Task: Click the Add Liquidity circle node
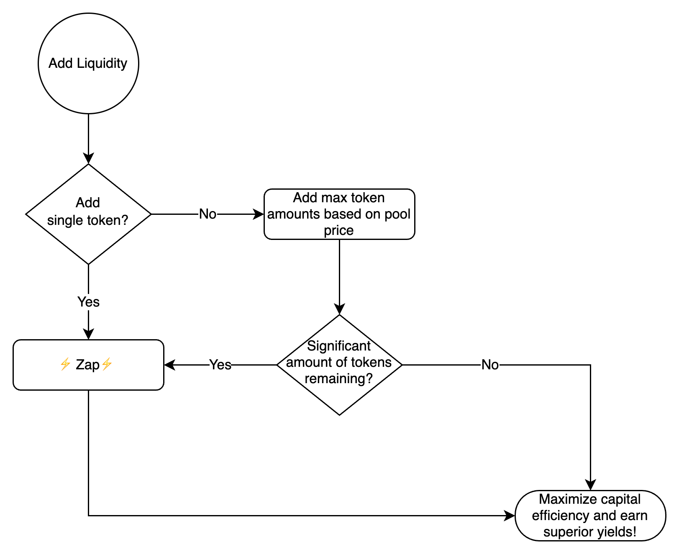88,63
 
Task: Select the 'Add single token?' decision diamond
88,214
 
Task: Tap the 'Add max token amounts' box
339,214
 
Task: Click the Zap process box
88,365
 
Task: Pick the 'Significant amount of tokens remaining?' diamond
339,365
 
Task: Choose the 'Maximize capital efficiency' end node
590,515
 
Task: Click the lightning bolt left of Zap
65,364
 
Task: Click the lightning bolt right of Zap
107,364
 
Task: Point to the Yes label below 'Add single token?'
88,302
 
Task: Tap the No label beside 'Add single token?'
208,214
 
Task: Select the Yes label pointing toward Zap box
220,365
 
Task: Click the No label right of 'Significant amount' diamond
490,365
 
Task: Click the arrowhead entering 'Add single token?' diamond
88,159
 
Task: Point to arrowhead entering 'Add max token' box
259,214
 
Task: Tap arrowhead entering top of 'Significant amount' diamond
339,309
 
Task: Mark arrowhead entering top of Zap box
88,334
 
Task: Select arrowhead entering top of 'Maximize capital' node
590,485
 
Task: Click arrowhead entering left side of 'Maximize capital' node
510,515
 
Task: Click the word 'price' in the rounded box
338,230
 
